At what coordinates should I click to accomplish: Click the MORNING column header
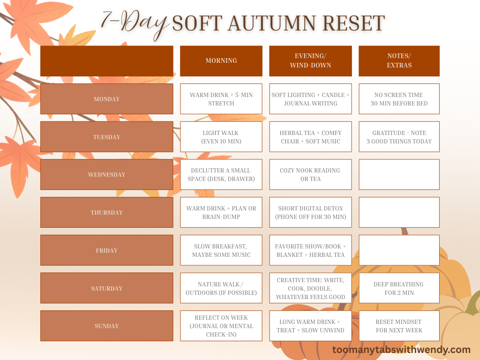[x=221, y=61]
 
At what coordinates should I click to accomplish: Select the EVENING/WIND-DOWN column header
[x=310, y=61]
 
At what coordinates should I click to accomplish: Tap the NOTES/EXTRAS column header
[x=399, y=61]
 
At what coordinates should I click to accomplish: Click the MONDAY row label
[x=106, y=99]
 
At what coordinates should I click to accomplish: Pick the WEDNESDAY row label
[x=106, y=174]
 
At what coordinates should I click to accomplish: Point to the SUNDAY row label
[x=106, y=326]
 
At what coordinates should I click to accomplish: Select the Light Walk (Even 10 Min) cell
[x=221, y=137]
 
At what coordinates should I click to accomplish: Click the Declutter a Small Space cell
[x=221, y=174]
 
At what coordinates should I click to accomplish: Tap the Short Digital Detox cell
[x=310, y=212]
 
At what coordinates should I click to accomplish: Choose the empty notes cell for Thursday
[x=399, y=212]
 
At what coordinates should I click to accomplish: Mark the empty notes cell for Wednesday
[x=399, y=174]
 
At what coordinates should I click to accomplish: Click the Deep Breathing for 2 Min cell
[x=399, y=288]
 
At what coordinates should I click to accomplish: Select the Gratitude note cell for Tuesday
[x=399, y=137]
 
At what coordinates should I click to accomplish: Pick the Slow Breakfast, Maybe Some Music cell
[x=221, y=250]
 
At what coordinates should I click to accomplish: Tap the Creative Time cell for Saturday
[x=310, y=288]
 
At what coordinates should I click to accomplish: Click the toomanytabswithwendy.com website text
[x=401, y=350]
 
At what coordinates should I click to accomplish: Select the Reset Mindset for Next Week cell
[x=399, y=326]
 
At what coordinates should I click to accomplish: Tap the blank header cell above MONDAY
[x=106, y=61]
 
